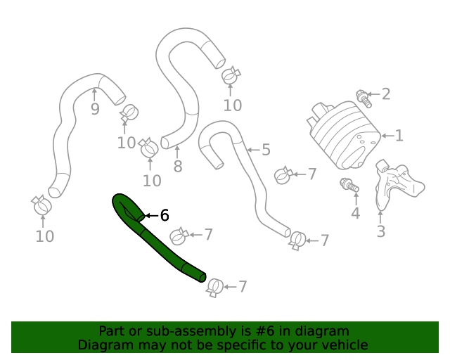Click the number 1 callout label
coord(399,136)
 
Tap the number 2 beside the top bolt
coord(385,94)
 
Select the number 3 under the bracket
coord(380,231)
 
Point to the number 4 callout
coord(355,214)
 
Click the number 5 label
coord(266,149)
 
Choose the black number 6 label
coord(165,215)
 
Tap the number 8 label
coord(177,167)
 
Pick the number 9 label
coord(95,108)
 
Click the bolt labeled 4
coord(349,186)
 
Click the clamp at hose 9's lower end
coord(41,206)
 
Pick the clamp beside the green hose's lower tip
coord(214,286)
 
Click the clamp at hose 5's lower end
coord(297,240)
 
